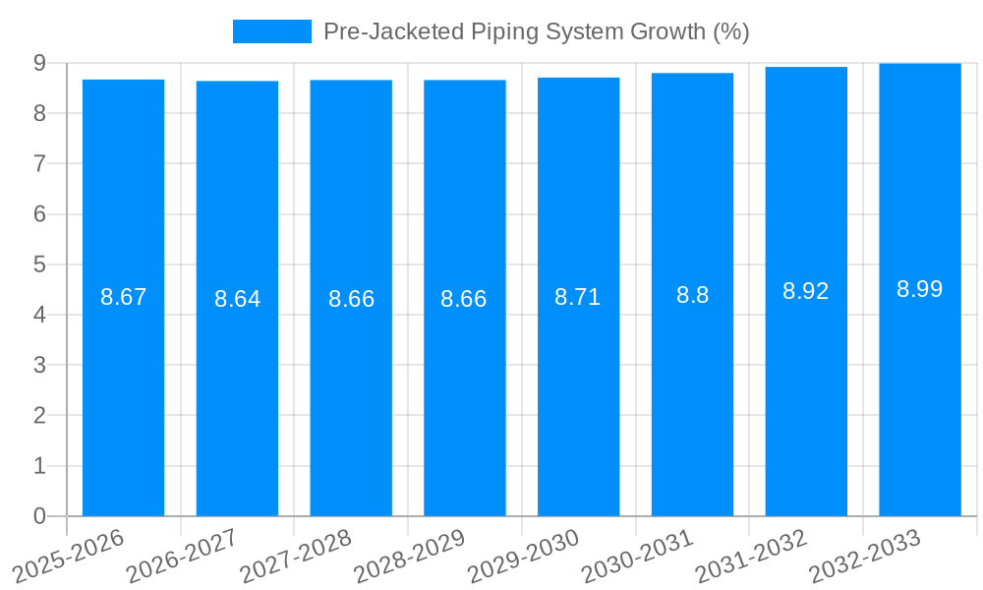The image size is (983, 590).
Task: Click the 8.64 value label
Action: point(237,299)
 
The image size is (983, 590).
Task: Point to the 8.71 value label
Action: point(577,297)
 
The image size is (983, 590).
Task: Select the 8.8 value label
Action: point(692,295)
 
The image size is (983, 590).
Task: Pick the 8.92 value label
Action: point(805,291)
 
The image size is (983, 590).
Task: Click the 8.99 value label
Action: point(919,289)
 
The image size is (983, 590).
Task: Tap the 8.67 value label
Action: point(123,297)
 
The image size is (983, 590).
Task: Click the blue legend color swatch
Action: point(271,31)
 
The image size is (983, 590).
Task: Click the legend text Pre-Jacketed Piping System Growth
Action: point(536,31)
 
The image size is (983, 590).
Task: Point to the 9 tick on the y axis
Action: point(39,63)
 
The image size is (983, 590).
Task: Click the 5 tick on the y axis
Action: point(39,265)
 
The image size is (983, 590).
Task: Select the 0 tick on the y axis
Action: point(39,516)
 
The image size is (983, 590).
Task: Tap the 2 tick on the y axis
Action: point(39,416)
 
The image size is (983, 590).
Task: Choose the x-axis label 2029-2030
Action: point(523,556)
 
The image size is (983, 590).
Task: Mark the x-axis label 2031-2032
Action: point(751,556)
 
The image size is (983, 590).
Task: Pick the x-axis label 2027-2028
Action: point(295,556)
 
